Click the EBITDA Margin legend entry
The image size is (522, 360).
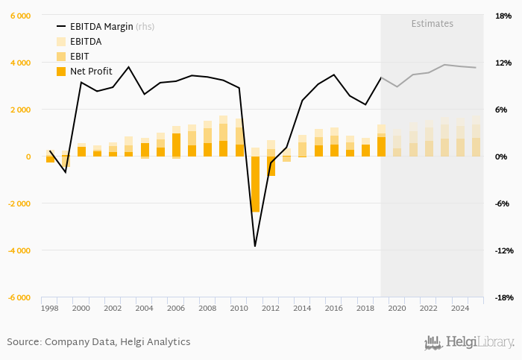pos(101,27)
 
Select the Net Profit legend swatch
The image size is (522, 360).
pos(61,72)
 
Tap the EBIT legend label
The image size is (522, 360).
pos(79,57)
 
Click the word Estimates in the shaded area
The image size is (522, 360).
pos(432,24)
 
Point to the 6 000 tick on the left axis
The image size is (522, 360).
pos(19,16)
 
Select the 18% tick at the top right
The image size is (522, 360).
pos(503,16)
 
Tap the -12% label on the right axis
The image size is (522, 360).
pos(501,250)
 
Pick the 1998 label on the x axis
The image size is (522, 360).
pos(49,308)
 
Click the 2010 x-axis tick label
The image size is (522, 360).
pos(239,308)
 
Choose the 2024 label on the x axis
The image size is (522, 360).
pos(459,308)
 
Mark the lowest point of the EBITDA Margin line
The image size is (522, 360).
pos(255,246)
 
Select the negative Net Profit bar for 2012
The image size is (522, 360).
pos(271,165)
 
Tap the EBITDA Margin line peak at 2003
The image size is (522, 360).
pos(128,67)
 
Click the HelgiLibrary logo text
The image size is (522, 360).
pos(479,342)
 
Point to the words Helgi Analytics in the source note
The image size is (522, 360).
pos(155,342)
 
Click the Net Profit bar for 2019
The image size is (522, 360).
pos(381,147)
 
